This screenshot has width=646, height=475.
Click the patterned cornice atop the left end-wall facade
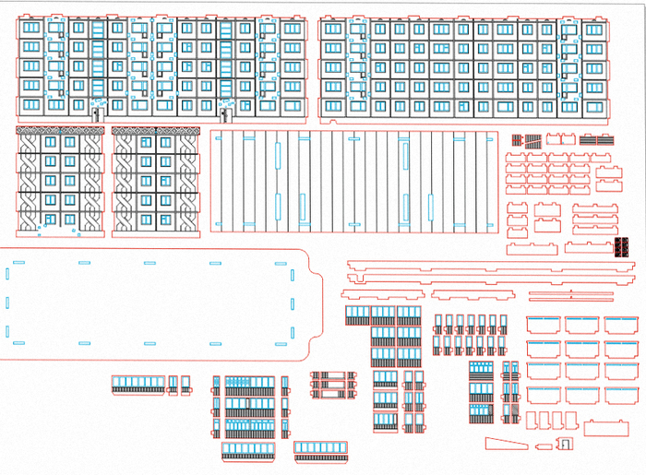pyautogui.click(x=62, y=132)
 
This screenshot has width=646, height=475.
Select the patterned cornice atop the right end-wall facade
pyautogui.click(x=156, y=132)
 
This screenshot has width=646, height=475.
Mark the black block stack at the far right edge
pyautogui.click(x=624, y=246)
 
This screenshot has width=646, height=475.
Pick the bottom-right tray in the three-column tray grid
pyautogui.click(x=621, y=396)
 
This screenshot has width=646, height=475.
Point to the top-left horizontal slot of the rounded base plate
pyautogui.click(x=19, y=264)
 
